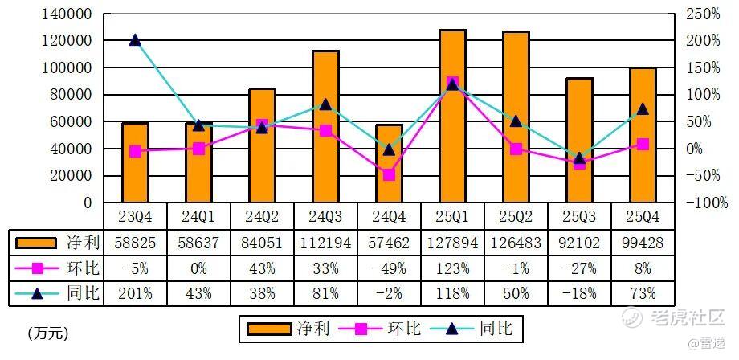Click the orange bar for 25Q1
point(453,117)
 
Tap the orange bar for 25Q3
point(579,141)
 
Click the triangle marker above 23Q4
point(135,40)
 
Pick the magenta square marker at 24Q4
point(389,174)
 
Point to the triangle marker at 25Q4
point(643,109)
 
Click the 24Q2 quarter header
point(262,216)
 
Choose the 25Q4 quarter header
point(643,216)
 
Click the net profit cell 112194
point(325,242)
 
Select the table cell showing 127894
point(452,242)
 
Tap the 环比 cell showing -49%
point(389,268)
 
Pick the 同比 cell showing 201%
point(135,293)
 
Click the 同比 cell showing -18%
point(579,293)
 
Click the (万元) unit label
point(47,332)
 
